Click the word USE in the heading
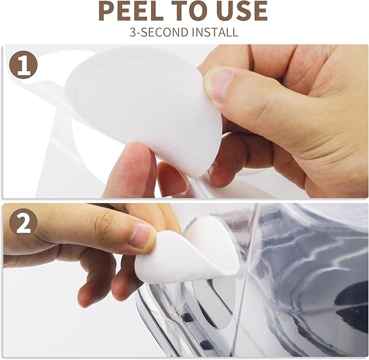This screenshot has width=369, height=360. tap(242, 11)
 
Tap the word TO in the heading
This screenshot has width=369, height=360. tap(190, 11)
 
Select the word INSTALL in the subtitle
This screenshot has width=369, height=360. tap(215, 32)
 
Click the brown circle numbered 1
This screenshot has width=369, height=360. tap(23, 64)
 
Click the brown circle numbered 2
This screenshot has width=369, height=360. tap(23, 223)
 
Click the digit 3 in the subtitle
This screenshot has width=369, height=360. tap(133, 32)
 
